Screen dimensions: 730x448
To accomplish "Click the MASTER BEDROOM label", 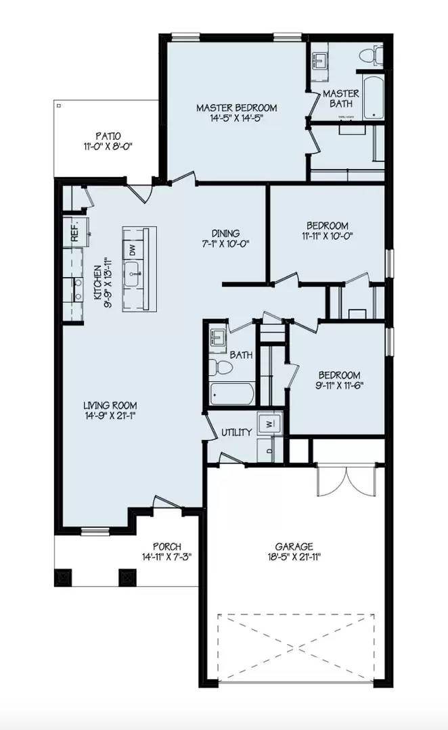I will coord(236,107).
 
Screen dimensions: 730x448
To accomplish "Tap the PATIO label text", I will coord(108,135).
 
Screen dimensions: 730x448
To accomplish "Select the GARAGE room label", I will coord(294,546).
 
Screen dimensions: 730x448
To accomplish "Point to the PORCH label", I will coord(166,546).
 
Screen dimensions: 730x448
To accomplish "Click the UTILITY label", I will coord(236,432).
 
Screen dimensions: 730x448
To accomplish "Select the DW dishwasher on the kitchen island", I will coord(132,248).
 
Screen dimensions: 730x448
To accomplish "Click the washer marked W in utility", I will coord(269,424).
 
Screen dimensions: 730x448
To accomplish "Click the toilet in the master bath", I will coord(369,55).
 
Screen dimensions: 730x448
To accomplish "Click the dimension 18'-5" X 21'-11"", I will coord(294,558).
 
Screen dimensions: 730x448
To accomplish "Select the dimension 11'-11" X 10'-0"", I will coord(327,237).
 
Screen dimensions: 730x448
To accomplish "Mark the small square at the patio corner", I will coord(59,106).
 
